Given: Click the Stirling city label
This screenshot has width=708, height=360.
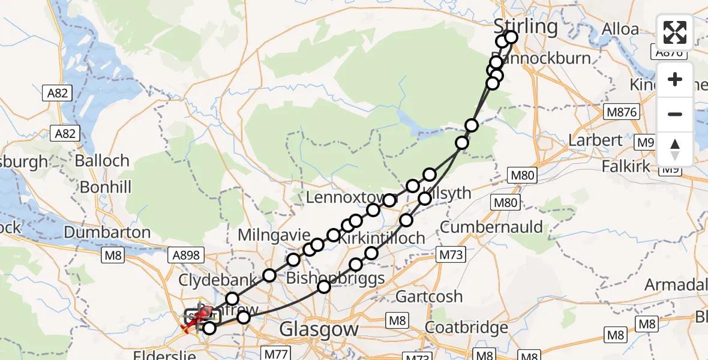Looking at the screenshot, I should (x=525, y=26).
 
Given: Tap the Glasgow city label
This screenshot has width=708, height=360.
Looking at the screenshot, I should (x=320, y=329).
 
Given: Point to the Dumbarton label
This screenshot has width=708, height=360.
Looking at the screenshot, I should (x=107, y=232).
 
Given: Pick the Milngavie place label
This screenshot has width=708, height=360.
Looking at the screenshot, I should (x=274, y=234).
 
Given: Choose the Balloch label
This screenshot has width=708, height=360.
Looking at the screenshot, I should (x=102, y=161).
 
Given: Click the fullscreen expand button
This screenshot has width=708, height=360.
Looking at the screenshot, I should (x=674, y=32).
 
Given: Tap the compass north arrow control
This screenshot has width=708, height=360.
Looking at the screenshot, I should (x=674, y=149).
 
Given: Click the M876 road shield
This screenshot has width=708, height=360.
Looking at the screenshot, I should (x=622, y=112).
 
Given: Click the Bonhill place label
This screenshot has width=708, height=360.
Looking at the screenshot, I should (x=106, y=187).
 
